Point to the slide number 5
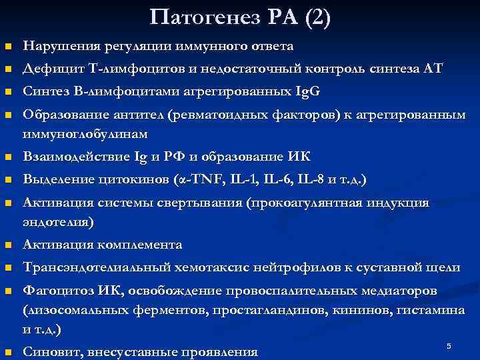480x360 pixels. click(449, 346)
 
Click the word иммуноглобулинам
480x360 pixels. click(85, 134)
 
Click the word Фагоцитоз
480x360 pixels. click(54, 291)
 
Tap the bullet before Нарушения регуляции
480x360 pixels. click(7, 47)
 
